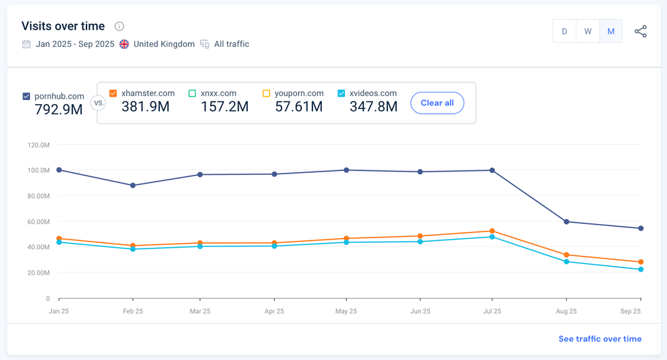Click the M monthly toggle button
coord(611,31)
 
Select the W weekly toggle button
coord(587,31)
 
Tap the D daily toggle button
coord(564,31)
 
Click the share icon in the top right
coord(640,31)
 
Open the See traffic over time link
coord(600,339)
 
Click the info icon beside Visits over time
coord(119,27)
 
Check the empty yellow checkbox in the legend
coord(266,93)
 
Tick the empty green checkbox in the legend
coord(192,93)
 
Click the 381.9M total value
coord(146,106)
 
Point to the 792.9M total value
coord(59,110)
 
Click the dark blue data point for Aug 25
coord(566,222)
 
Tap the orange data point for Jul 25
coord(492,231)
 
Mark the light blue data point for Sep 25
coord(640,269)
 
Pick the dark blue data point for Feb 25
coord(133,185)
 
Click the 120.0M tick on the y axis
coord(38,145)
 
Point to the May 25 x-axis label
coord(346,312)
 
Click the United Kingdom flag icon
coord(124,44)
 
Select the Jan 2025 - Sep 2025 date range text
coord(74,44)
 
